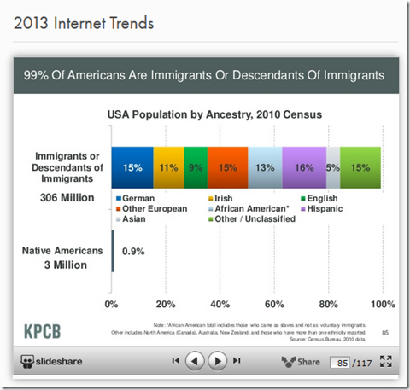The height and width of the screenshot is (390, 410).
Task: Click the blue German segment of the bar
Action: (132, 167)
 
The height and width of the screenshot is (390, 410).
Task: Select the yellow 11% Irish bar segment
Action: (168, 167)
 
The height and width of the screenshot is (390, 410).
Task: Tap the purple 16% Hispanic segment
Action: (304, 167)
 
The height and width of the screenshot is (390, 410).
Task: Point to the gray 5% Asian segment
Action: (333, 167)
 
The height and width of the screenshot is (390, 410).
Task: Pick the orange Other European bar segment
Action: (227, 167)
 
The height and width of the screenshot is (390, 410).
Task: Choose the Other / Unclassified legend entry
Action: (255, 218)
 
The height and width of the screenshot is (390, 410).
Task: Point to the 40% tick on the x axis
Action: (220, 304)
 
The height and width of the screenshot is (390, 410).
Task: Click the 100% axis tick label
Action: (381, 304)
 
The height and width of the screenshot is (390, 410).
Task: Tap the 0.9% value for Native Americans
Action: (132, 252)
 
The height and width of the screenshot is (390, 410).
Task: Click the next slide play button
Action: (219, 362)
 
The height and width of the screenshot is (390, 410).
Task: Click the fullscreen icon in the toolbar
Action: (385, 362)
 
